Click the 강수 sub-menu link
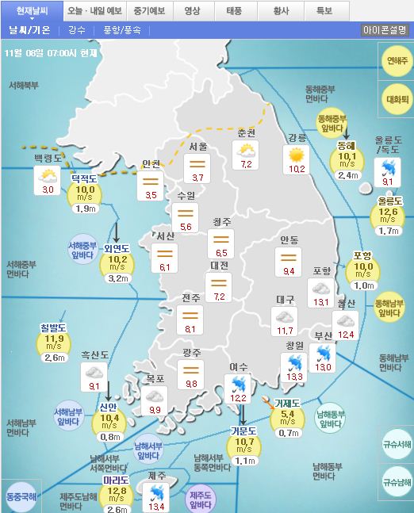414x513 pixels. pos(77,30)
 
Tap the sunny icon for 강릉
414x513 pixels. pos(296,155)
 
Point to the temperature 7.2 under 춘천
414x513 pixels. pos(246,164)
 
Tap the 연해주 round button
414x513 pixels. pos(396,61)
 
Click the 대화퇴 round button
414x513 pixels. pos(396,100)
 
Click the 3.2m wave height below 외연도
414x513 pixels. pos(117,278)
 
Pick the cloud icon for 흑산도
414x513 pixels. pos(94,373)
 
